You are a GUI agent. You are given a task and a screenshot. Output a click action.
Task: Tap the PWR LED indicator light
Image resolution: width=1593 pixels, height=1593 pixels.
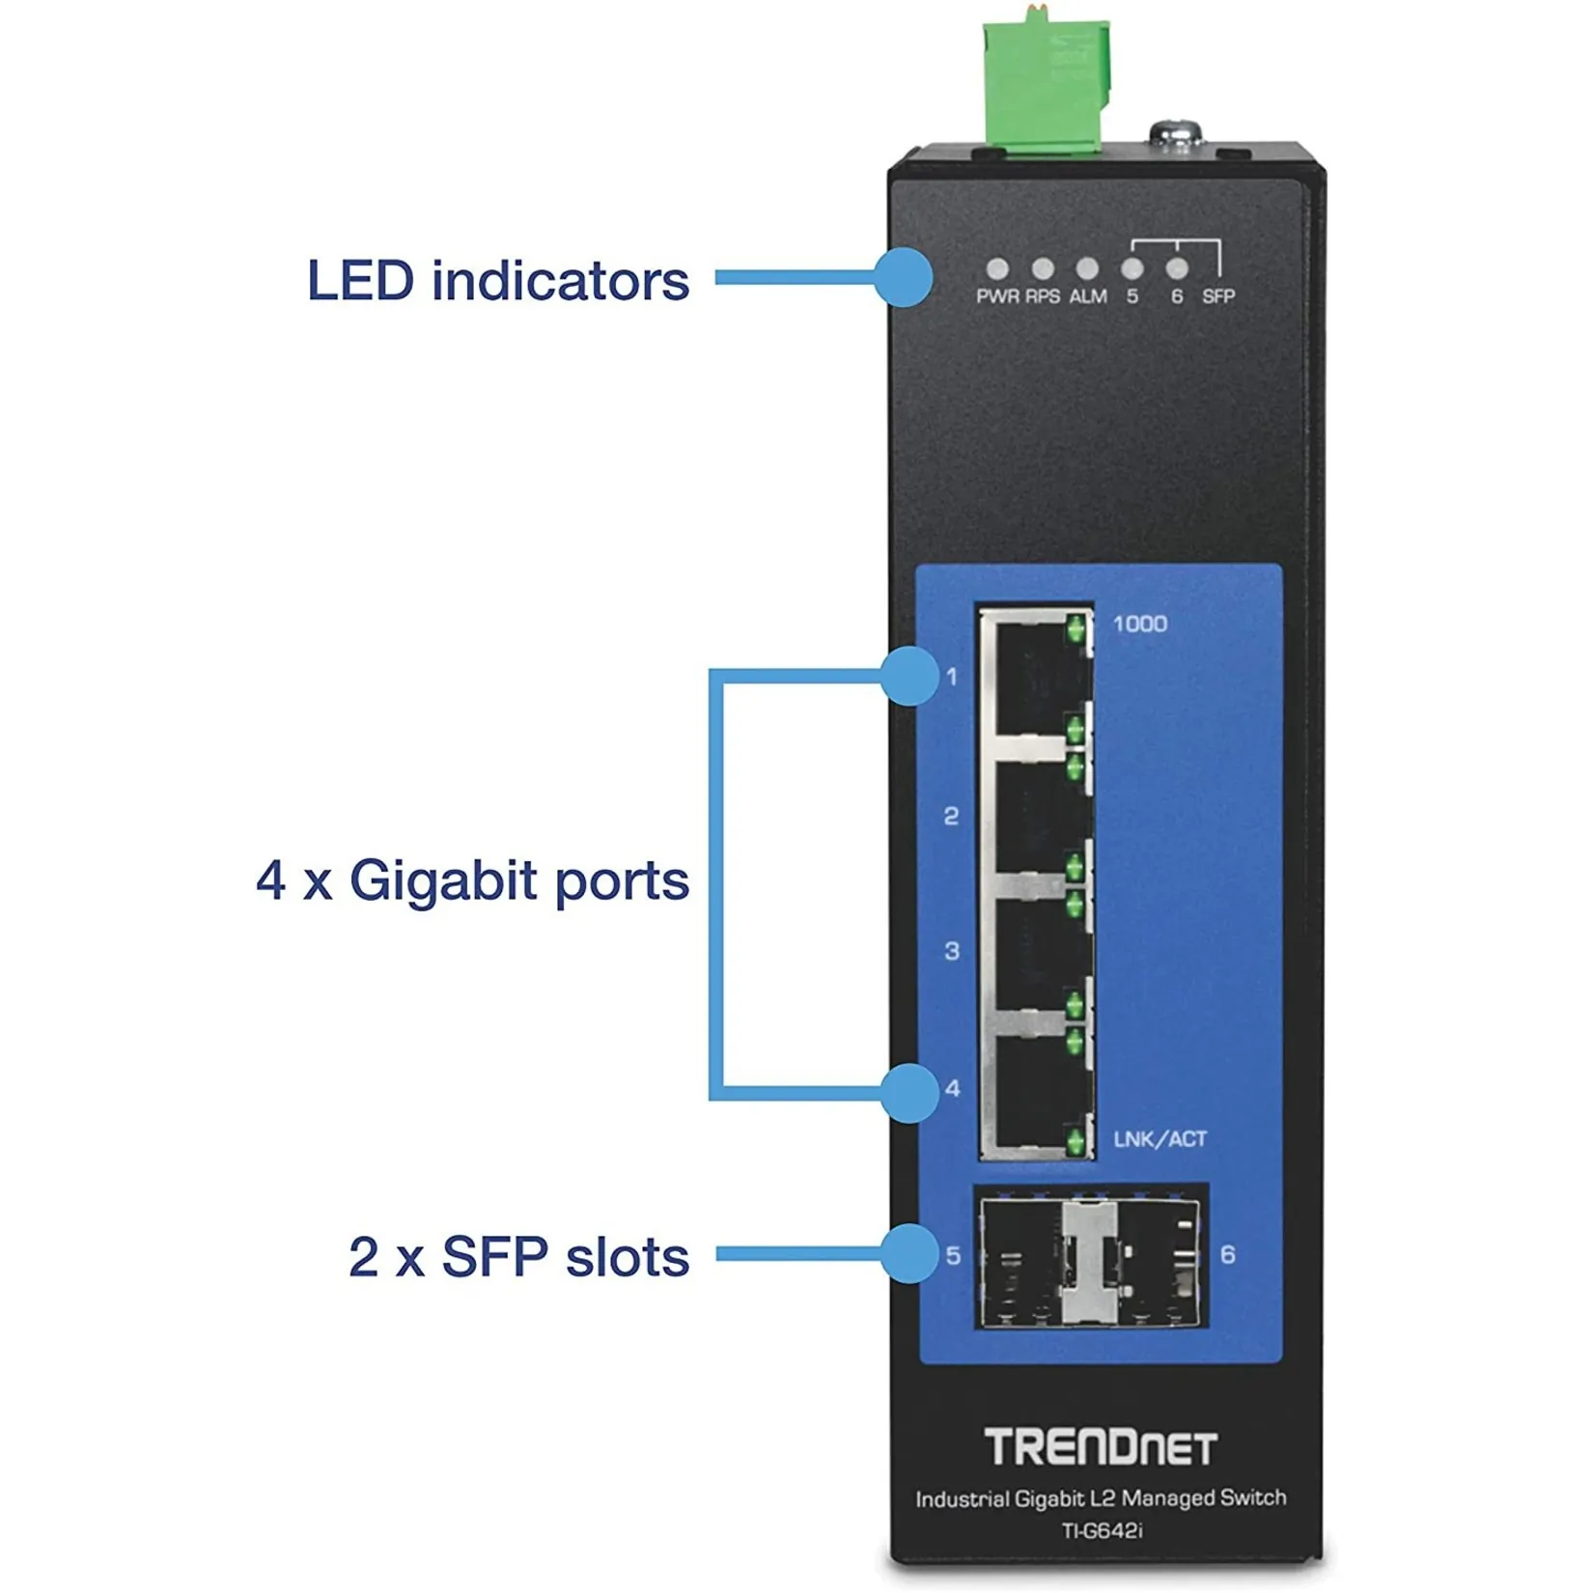click(x=997, y=269)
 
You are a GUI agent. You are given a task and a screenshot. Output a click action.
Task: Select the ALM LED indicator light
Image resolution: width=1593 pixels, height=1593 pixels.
click(x=1087, y=268)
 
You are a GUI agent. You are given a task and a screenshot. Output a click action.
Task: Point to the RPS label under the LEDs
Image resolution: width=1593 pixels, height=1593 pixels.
click(x=1043, y=296)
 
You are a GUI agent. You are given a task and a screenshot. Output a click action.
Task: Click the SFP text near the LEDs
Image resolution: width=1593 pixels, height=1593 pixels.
click(x=1218, y=296)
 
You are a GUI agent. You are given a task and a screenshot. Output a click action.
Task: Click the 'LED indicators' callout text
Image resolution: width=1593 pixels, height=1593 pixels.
click(x=498, y=280)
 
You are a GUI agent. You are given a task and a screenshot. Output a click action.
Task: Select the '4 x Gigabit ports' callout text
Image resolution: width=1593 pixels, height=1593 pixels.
click(x=473, y=880)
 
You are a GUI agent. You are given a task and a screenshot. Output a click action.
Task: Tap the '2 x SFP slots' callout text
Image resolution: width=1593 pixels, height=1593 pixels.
click(x=519, y=1257)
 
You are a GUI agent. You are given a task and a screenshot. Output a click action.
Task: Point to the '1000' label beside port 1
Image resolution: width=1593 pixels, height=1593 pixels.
click(x=1140, y=624)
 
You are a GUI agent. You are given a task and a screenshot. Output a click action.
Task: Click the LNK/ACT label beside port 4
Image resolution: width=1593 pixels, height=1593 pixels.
click(x=1160, y=1139)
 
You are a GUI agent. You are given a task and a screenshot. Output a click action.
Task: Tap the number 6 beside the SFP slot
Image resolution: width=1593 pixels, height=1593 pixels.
click(x=1227, y=1254)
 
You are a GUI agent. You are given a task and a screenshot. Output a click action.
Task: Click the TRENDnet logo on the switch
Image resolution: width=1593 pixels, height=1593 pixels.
click(x=1101, y=1447)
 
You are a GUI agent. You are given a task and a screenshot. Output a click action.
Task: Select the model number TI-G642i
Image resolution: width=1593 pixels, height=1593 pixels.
click(x=1102, y=1531)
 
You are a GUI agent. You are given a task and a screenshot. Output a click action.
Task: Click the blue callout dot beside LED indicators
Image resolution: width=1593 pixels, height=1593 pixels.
click(x=904, y=278)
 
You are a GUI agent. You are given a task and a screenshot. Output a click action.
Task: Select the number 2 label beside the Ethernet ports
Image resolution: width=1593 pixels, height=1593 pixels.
click(x=951, y=817)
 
